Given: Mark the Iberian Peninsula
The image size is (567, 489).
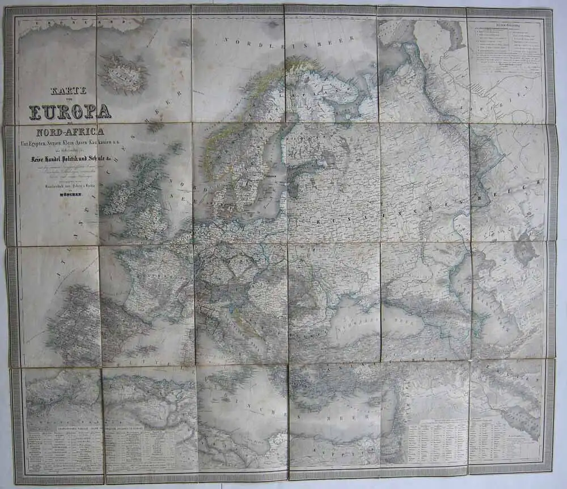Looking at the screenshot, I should click(79, 323).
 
